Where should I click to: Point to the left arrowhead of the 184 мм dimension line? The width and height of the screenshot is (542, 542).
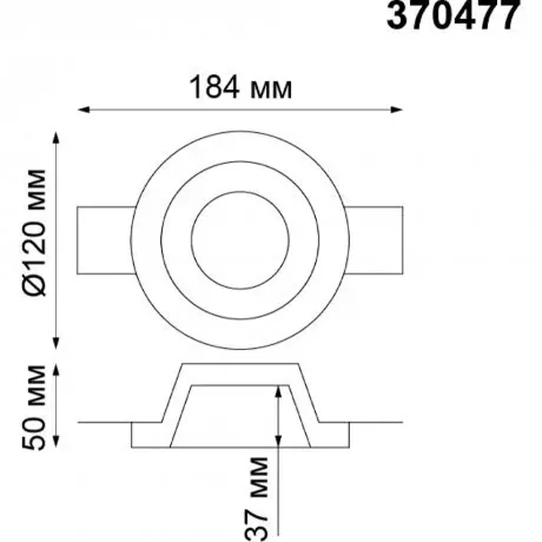click(83, 110)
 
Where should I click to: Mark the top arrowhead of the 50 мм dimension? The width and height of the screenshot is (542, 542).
click(56, 369)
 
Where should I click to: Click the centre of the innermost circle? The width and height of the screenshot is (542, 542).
click(240, 240)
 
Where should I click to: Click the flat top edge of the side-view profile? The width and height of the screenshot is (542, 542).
click(240, 364)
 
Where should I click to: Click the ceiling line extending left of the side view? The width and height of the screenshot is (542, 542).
click(104, 422)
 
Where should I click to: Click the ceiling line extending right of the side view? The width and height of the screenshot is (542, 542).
click(377, 422)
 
